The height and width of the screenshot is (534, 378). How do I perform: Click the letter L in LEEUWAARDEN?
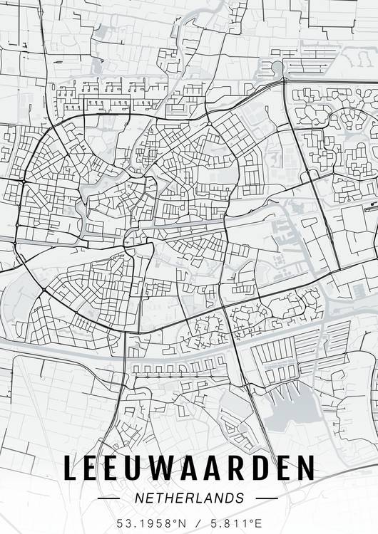[71, 468]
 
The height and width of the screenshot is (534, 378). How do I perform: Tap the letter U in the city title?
[139, 468]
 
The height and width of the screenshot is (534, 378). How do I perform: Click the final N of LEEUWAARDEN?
[305, 468]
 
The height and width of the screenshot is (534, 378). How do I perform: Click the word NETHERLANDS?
[189, 498]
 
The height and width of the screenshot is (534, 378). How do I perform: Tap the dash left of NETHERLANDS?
[108, 498]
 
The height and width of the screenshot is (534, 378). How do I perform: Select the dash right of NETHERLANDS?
[266, 498]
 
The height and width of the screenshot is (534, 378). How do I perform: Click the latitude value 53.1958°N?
[150, 523]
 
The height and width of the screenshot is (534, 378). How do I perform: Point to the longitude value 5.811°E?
[233, 523]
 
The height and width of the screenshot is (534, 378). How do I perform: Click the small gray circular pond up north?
[277, 67]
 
